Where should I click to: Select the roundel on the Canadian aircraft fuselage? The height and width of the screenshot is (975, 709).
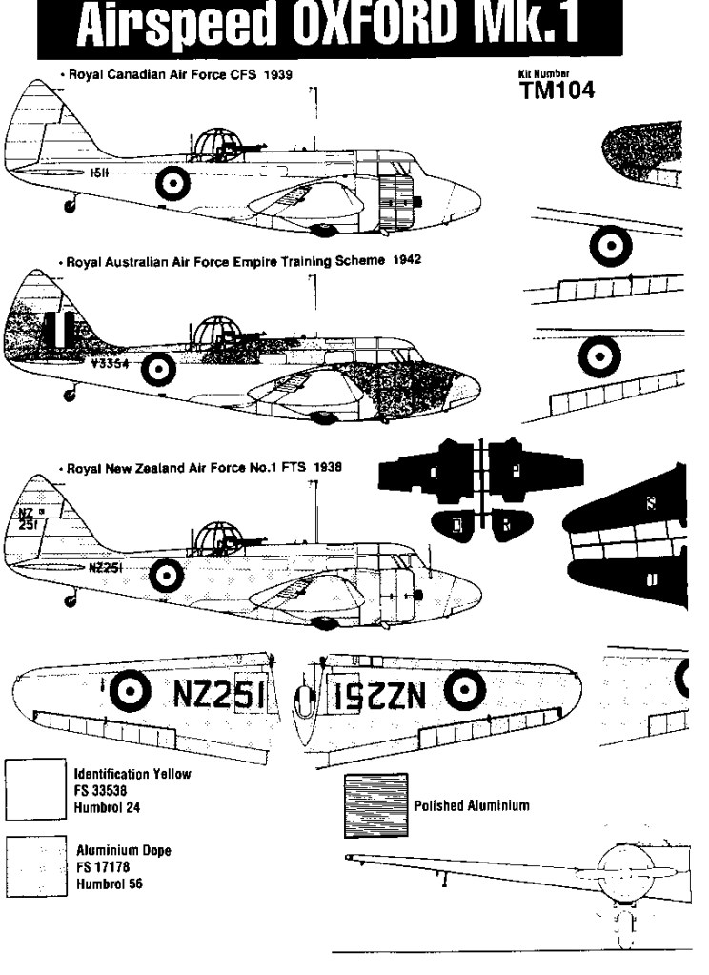pyautogui.click(x=173, y=179)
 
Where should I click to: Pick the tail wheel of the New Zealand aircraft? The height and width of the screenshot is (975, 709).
pyautogui.click(x=67, y=599)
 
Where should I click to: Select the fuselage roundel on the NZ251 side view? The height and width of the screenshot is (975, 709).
pyautogui.click(x=166, y=572)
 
